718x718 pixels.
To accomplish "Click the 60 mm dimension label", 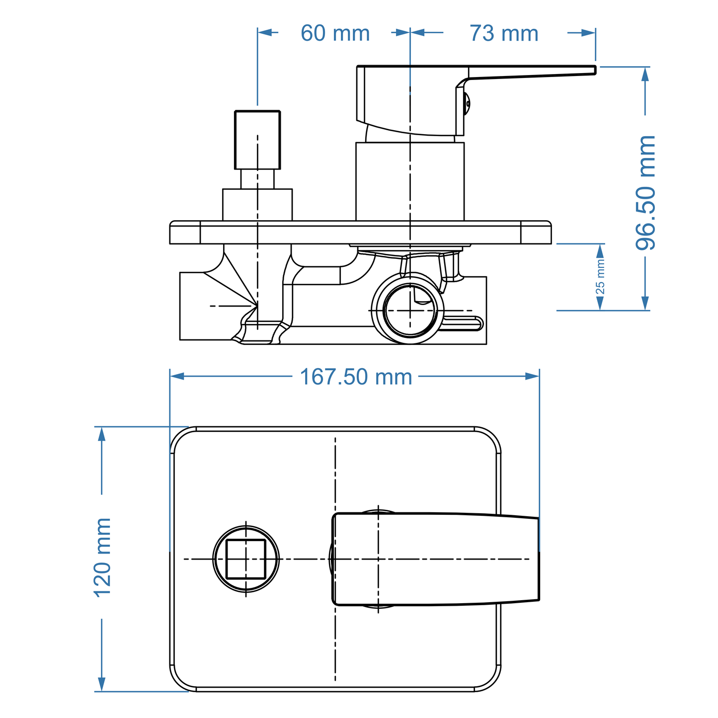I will click(x=335, y=33).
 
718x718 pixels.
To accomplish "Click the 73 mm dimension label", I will click(x=504, y=33).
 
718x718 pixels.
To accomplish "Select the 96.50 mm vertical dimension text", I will click(x=646, y=192).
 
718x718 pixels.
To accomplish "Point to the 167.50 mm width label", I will click(x=356, y=377).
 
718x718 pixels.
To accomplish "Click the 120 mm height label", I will click(x=102, y=557).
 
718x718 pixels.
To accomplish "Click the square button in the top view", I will click(x=246, y=559).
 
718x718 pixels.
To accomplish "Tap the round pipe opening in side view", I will click(x=410, y=311).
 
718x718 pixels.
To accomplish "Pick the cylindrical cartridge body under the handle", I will click(x=410, y=181).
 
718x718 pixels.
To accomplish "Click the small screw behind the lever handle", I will click(x=467, y=103).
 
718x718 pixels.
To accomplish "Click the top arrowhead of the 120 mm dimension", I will click(x=102, y=434).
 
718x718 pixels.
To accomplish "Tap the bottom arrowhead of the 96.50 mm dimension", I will click(x=645, y=303).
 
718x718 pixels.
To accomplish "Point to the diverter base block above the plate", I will click(x=257, y=204).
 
